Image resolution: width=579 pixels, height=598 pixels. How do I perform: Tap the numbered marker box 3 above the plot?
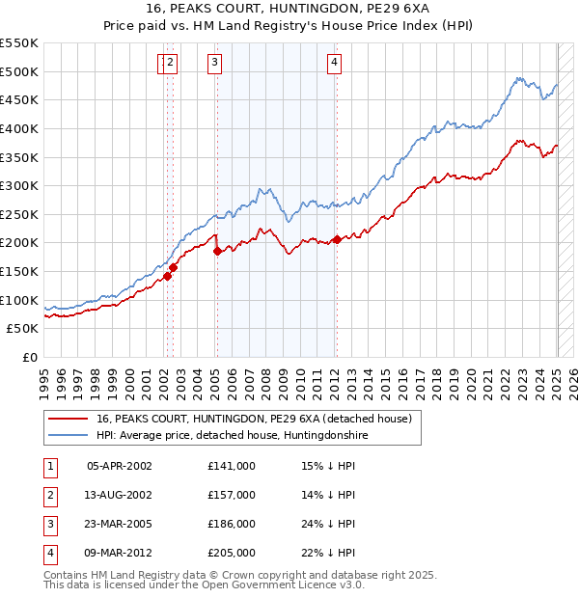(213, 64)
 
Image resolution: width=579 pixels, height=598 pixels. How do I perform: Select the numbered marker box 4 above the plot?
(334, 64)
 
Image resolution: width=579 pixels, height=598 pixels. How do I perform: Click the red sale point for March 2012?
(337, 239)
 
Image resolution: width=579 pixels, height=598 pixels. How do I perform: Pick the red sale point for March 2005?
(216, 251)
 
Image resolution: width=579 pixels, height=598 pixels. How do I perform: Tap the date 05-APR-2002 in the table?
(120, 466)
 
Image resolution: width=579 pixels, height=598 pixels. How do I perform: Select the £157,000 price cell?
(232, 495)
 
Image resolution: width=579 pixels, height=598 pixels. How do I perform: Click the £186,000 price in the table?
(232, 524)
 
